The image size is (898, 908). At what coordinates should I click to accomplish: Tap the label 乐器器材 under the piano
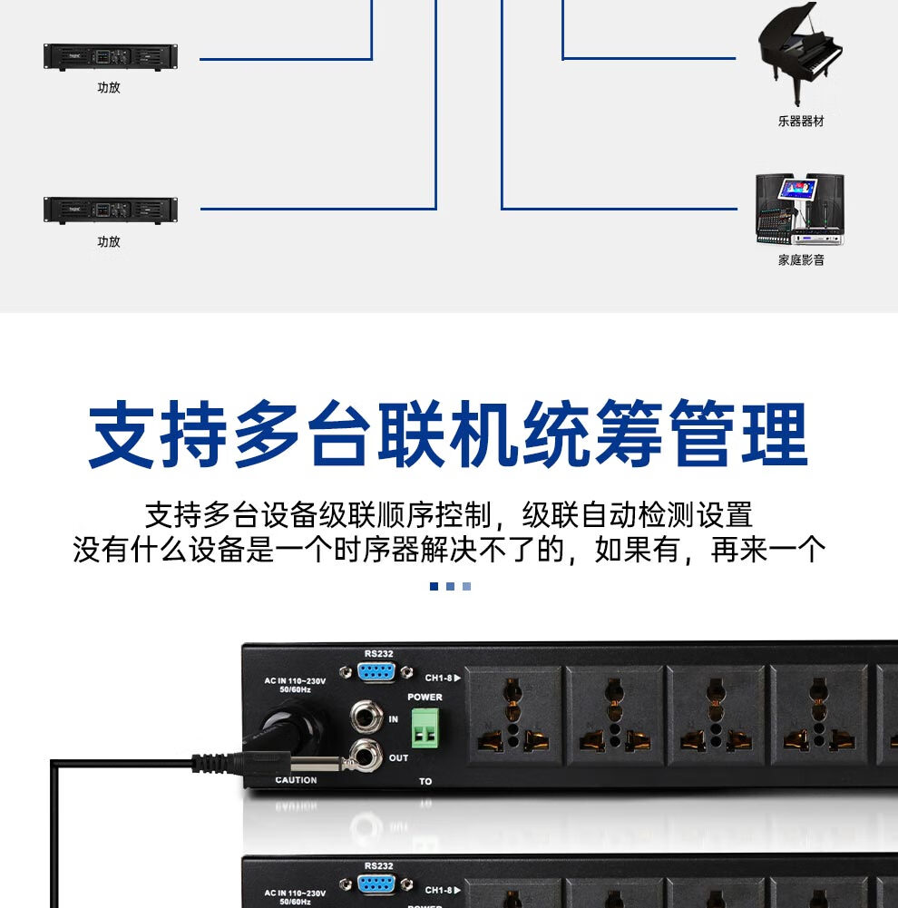point(801,122)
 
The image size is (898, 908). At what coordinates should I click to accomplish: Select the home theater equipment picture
point(800,210)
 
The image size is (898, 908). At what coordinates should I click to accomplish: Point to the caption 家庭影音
point(801,260)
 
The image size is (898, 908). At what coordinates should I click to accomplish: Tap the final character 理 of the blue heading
point(773,436)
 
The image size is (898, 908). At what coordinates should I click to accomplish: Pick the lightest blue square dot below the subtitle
point(466,587)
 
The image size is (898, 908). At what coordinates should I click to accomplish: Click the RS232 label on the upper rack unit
point(378,653)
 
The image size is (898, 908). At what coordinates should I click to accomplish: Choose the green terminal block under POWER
point(425,727)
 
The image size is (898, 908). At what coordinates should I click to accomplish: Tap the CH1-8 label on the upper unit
point(443,678)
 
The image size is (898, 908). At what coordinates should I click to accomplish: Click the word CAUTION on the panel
point(296,780)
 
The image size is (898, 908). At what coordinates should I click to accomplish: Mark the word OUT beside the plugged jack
point(398,757)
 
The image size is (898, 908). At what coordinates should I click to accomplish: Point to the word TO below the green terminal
point(425,781)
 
